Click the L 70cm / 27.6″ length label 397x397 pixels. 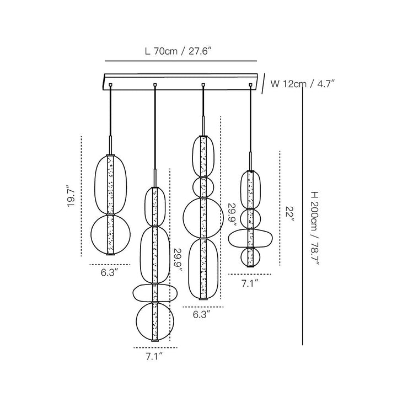point(178,51)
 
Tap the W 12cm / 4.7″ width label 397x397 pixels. point(303,84)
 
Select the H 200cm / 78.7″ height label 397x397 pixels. point(315,228)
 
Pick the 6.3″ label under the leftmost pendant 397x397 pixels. point(110,273)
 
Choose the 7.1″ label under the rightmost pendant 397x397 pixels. point(250,283)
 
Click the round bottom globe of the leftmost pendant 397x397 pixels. point(91,235)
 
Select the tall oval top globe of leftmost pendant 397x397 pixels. point(94,185)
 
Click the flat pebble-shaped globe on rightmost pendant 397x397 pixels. point(228,238)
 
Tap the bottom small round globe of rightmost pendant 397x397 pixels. point(240,257)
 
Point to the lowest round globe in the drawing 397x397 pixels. point(136,321)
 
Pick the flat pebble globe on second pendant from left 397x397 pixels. point(133,293)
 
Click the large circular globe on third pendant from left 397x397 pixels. point(183,218)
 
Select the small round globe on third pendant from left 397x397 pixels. point(193,187)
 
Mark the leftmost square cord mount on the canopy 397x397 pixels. point(110,85)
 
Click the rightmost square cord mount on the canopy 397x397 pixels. point(251,85)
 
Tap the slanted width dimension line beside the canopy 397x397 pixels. point(264,84)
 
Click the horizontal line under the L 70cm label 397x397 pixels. point(181,61)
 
